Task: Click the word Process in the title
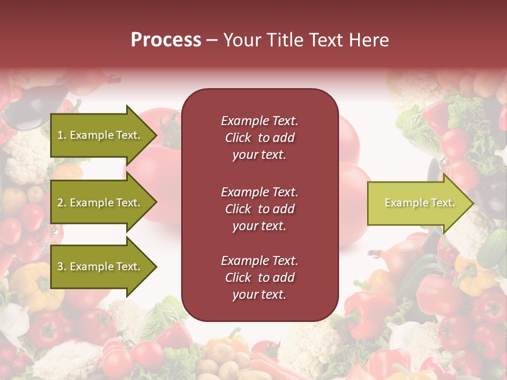[x=166, y=40]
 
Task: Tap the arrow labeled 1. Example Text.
[x=99, y=135]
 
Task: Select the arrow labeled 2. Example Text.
[x=99, y=203]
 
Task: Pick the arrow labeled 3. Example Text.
[x=99, y=267]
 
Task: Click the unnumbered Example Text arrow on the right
[x=419, y=203]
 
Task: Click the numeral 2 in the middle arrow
[x=60, y=203]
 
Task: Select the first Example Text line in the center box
[x=259, y=121]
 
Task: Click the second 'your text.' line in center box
[x=259, y=226]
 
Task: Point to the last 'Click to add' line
[x=259, y=278]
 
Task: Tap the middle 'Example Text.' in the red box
[x=259, y=192]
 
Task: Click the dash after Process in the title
[x=212, y=40]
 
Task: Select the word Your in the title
[x=241, y=40]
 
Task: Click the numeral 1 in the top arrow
[x=60, y=135]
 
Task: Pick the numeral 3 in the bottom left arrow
[x=60, y=267]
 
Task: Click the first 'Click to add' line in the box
[x=259, y=138]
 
